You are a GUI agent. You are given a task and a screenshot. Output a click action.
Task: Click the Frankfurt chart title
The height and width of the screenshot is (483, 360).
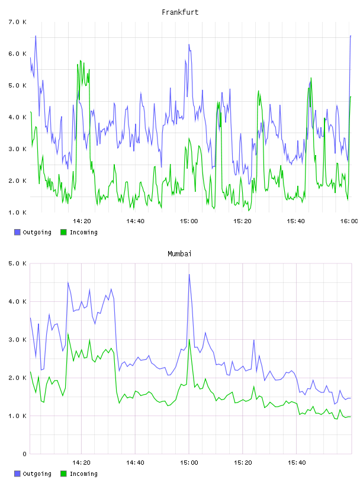tap(180, 12)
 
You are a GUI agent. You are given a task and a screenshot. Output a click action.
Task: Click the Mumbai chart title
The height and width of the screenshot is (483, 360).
tap(179, 253)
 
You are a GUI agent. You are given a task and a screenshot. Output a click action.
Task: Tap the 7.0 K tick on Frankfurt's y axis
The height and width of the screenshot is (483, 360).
tap(17, 22)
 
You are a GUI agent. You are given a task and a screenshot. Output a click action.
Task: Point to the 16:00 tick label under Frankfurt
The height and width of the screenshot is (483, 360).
tap(349, 221)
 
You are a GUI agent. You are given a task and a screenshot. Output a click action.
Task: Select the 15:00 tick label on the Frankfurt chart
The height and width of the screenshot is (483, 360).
tap(189, 221)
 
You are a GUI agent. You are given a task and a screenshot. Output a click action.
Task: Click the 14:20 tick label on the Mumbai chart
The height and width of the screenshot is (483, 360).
tap(81, 462)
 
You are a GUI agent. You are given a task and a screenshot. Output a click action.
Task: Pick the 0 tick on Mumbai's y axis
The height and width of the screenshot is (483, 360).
tap(24, 454)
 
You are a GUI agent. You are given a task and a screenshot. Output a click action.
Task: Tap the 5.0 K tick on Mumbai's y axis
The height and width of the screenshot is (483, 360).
tap(17, 263)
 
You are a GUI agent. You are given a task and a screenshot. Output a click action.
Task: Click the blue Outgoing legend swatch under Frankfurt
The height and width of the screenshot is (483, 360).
tap(17, 232)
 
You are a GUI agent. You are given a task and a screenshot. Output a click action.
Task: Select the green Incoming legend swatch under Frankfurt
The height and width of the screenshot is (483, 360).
tap(63, 232)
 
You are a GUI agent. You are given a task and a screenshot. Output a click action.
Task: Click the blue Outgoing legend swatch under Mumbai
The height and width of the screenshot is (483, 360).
tap(17, 474)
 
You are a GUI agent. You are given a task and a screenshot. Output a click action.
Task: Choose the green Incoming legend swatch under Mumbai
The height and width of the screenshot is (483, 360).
tap(63, 474)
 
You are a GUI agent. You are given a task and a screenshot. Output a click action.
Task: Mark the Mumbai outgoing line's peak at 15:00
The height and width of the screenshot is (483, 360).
tap(189, 274)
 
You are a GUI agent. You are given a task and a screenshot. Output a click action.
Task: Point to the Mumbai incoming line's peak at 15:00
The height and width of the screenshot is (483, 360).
tap(189, 339)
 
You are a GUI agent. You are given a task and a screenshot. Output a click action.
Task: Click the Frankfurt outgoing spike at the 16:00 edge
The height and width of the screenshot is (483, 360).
tap(351, 36)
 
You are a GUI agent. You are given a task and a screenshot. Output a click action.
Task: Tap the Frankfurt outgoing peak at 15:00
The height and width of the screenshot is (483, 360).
tap(189, 44)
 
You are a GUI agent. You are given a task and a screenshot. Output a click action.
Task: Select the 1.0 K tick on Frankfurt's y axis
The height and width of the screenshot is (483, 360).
tap(17, 212)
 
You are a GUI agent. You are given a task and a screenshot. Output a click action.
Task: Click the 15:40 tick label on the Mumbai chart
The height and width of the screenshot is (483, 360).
tap(297, 462)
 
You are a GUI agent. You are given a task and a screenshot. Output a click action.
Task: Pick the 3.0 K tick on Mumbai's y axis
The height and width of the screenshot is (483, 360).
tap(17, 339)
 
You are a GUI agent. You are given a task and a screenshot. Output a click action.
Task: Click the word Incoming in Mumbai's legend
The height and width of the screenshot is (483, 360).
tap(83, 474)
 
